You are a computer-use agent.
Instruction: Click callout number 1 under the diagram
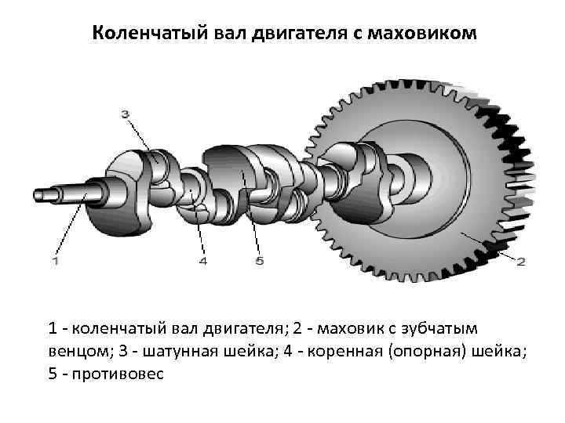pyautogui.click(x=55, y=260)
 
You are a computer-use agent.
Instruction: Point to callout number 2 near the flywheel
pyautogui.click(x=520, y=262)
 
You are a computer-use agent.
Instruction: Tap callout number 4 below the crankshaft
pyautogui.click(x=203, y=260)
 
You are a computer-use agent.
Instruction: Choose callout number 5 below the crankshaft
pyautogui.click(x=260, y=260)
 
